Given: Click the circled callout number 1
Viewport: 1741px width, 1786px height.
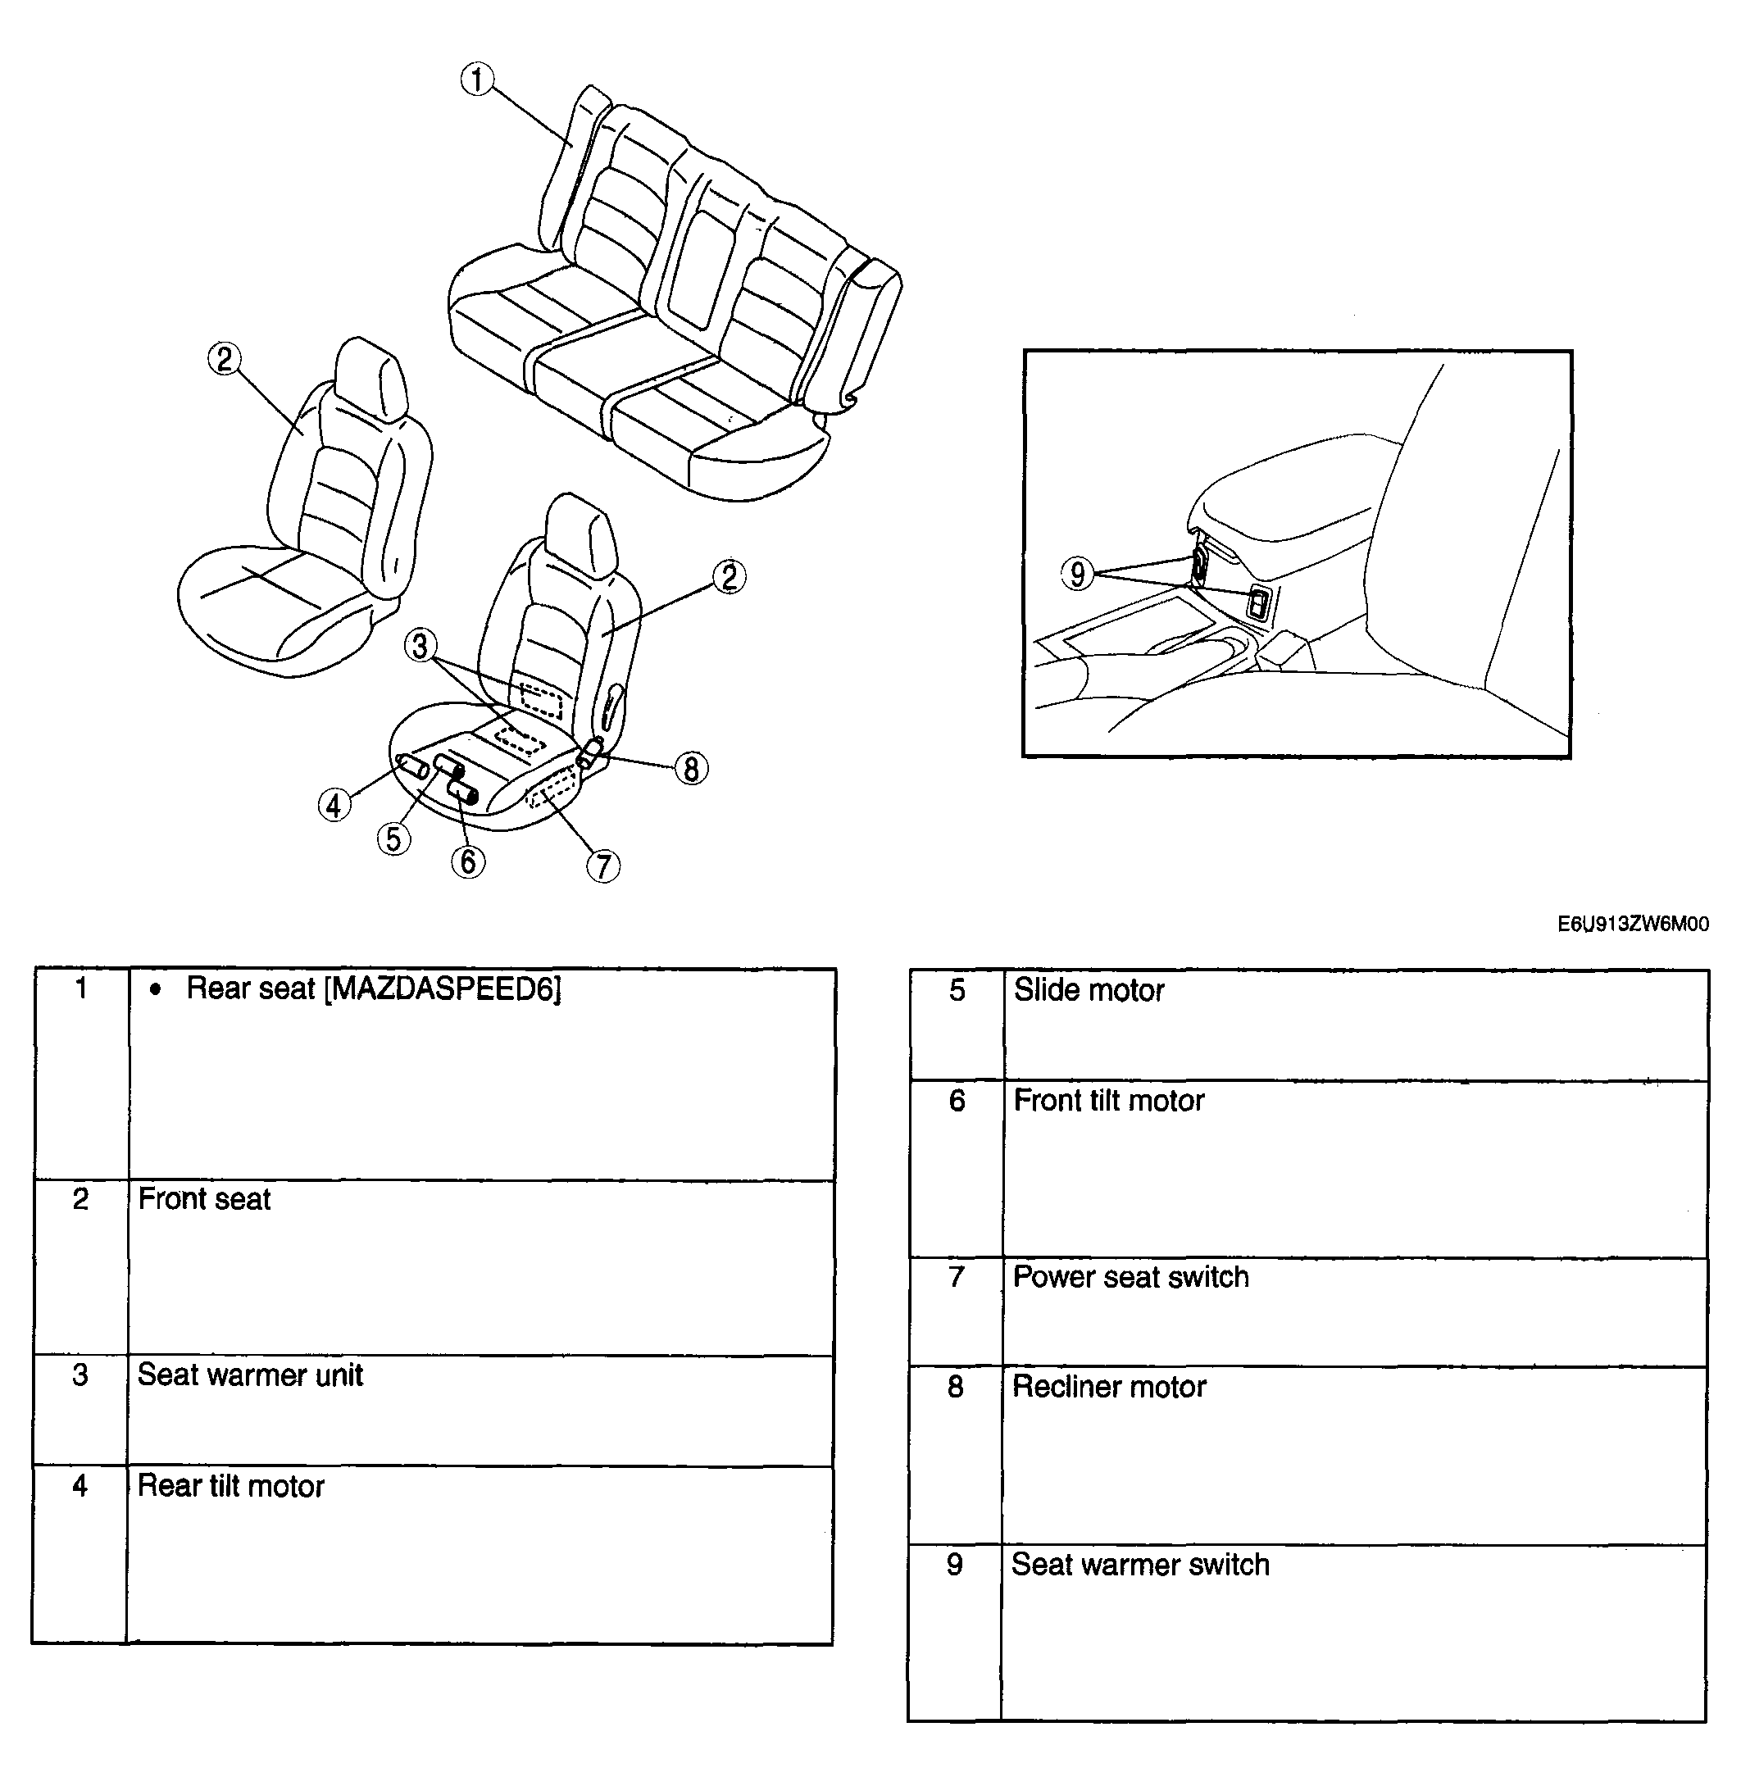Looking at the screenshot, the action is (477, 80).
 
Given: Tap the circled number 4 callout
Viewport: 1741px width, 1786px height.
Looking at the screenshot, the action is (334, 805).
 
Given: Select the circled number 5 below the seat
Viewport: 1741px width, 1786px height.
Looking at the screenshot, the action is (394, 838).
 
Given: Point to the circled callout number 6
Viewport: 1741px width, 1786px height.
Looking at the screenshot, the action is (468, 861).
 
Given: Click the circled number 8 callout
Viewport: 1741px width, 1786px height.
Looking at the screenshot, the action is (691, 768).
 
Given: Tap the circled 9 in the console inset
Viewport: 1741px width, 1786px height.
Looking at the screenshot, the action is (1078, 574).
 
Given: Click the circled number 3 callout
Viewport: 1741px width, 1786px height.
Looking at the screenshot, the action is (420, 646).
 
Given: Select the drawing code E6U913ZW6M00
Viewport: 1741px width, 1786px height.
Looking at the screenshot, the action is (1633, 925).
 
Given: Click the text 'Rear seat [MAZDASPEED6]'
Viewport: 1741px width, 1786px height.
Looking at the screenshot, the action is (374, 988).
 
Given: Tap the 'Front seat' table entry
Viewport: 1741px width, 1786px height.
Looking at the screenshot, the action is (205, 1199).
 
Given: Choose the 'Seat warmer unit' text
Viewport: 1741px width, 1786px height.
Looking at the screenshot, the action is (251, 1375).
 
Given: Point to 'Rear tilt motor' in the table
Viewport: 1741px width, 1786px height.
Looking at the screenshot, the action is (231, 1486).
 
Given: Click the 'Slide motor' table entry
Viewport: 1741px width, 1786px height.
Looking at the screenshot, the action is (1089, 989).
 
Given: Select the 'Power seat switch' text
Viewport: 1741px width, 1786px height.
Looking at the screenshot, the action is (1131, 1277).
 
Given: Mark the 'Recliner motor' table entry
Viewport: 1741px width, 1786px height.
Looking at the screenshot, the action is (1109, 1386).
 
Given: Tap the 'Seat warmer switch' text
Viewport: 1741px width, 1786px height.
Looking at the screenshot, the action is (1140, 1565).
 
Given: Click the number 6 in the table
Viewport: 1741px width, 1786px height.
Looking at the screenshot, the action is (957, 1100).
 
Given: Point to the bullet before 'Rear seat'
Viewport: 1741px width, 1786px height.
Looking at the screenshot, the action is (156, 989).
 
